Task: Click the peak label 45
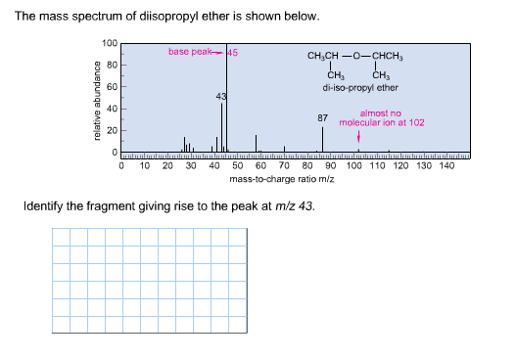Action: [233, 52]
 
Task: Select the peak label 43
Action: [221, 96]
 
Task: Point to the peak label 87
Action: [322, 117]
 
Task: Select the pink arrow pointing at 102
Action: [358, 137]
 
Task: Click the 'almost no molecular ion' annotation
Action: [381, 118]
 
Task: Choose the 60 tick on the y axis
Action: [112, 88]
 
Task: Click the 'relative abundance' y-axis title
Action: [96, 102]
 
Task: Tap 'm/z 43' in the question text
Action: [295, 208]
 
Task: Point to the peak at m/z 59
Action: [257, 144]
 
